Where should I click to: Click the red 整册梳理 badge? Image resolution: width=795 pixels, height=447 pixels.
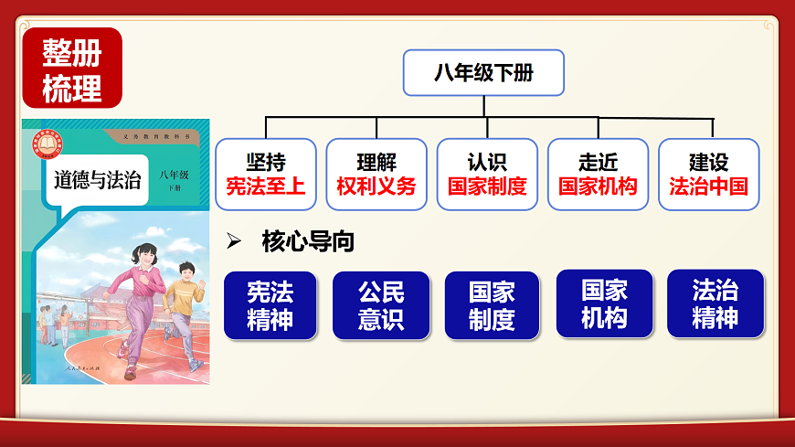coord(71,67)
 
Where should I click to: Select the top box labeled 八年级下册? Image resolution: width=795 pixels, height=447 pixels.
coord(483,73)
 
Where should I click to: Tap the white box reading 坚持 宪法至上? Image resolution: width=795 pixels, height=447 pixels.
coord(266,175)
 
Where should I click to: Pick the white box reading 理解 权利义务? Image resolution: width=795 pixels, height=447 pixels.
coord(376,175)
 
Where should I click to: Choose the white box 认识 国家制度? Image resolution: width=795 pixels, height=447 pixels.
coord(487,175)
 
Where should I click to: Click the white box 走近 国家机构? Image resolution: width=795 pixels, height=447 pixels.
coord(598,175)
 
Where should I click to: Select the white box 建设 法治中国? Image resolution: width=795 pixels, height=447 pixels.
coord(708,175)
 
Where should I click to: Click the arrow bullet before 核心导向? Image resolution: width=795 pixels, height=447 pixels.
coord(234,241)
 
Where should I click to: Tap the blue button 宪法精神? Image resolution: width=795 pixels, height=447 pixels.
coord(270,305)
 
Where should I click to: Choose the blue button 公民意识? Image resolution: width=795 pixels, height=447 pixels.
coord(381,305)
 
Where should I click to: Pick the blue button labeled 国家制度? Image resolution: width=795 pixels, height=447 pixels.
coord(492,305)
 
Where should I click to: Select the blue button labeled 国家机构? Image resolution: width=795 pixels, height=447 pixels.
coord(604,304)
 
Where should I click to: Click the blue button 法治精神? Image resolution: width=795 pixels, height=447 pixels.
coord(715,304)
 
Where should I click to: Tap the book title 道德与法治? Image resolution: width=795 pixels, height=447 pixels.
coord(98,179)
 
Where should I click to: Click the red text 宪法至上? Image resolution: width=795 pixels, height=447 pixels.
coord(266,186)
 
